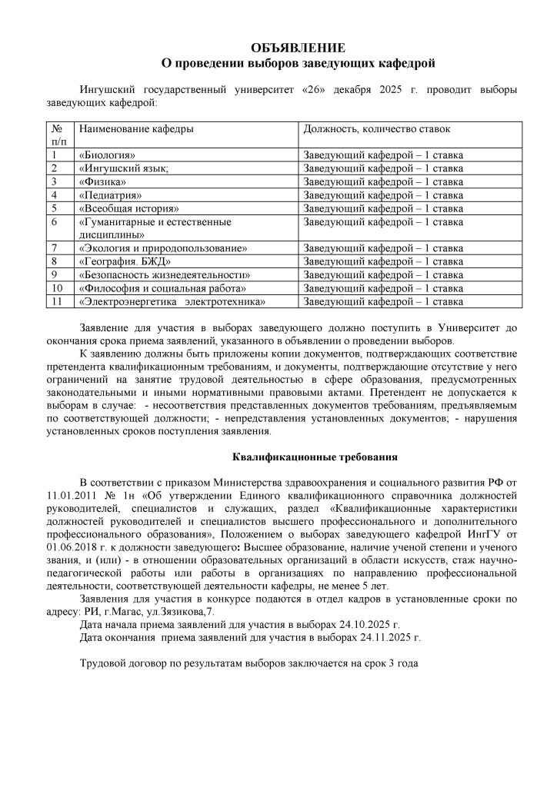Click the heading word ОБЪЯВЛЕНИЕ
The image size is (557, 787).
[298, 48]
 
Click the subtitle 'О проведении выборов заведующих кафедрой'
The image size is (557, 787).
[298, 61]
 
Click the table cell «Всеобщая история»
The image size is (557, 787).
[129, 208]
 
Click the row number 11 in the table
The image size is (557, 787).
[56, 301]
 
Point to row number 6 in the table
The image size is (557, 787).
[55, 221]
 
